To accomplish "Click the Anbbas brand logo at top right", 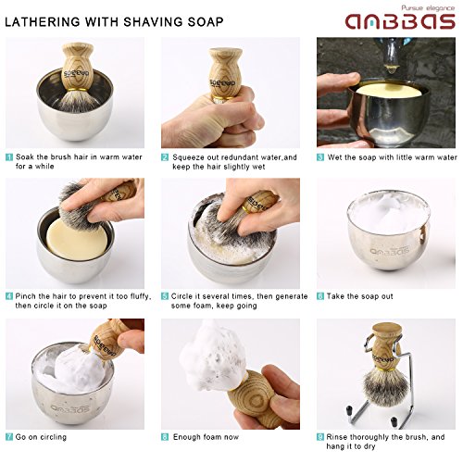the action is tap(400, 21).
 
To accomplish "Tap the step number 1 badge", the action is tap(9, 157).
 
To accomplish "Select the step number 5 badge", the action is tap(165, 296).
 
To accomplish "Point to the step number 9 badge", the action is tap(320, 437).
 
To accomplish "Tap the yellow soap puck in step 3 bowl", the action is tap(387, 92).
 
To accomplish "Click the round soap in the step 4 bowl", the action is tap(76, 239).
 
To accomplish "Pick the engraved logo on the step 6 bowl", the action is tap(390, 249).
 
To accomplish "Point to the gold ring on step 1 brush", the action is tap(77, 90).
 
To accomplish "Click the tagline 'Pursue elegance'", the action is tap(428, 7).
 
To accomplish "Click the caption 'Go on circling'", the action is tap(41, 437).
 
